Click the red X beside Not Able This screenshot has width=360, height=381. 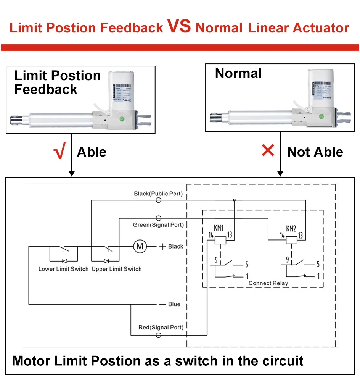coord(268,150)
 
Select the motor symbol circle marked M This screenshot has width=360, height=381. coord(140,246)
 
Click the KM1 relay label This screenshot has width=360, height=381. coord(219,228)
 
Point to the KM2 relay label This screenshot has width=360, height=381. coord(291,228)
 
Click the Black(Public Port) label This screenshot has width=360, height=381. coord(158,194)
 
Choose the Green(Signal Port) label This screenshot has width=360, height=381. coord(158,225)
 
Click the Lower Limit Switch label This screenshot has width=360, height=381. coord(63,269)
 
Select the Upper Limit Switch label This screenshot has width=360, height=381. coord(116,269)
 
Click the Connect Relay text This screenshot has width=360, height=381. coord(268,283)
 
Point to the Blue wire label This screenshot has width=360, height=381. coord(174,304)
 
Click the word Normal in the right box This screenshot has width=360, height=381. coord(238,73)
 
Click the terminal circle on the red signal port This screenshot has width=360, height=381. coord(159,335)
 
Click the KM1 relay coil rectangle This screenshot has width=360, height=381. coord(220,240)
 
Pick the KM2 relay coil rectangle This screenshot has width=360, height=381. coord(292,240)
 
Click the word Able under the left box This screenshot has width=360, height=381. coord(92,152)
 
